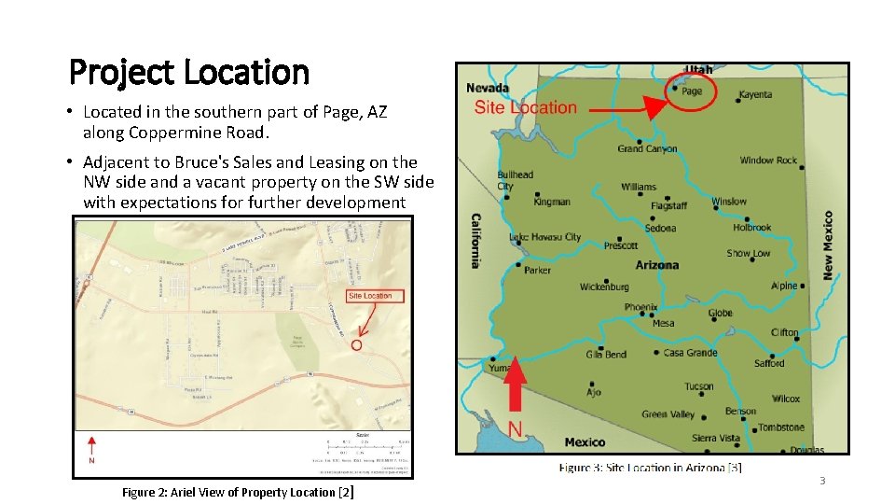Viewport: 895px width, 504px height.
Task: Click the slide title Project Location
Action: pos(189,71)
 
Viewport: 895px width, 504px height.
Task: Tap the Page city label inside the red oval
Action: pos(692,91)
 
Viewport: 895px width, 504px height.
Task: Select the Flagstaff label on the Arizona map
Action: pos(668,205)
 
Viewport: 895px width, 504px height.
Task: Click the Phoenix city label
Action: pos(640,307)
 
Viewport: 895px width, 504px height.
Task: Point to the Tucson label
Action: pos(698,386)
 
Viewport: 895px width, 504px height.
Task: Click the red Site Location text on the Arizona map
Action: pos(525,107)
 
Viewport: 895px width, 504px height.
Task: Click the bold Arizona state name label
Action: pos(657,265)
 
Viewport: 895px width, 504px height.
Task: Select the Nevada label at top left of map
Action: pos(488,88)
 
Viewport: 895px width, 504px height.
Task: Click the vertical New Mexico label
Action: pos(828,245)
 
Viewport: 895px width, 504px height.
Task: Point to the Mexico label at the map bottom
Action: pos(585,441)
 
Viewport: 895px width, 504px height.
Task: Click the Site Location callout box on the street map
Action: pos(370,296)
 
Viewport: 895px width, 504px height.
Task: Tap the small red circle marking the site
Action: pos(356,344)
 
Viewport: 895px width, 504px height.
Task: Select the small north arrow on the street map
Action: pos(91,444)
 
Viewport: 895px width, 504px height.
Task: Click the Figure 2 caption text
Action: pos(238,492)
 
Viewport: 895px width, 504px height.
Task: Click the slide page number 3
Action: pos(821,481)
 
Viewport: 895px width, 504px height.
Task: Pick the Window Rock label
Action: pos(768,161)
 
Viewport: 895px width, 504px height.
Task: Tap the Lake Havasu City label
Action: pos(545,237)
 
